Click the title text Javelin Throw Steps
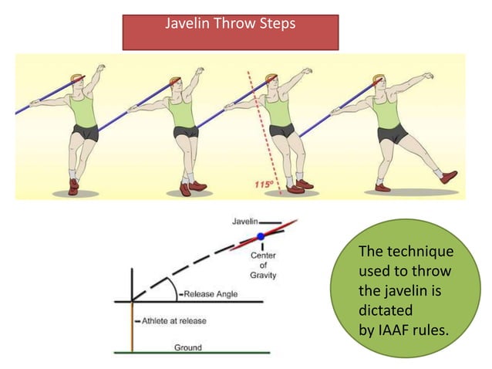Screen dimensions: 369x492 tap(230, 24)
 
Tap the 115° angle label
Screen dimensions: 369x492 tap(265, 184)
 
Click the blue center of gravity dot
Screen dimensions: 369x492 tap(261, 235)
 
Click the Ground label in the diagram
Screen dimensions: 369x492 tap(187, 347)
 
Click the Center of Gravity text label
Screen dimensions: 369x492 tap(264, 264)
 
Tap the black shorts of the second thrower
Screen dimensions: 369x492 tap(185, 132)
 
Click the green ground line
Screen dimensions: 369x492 tap(192, 353)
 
